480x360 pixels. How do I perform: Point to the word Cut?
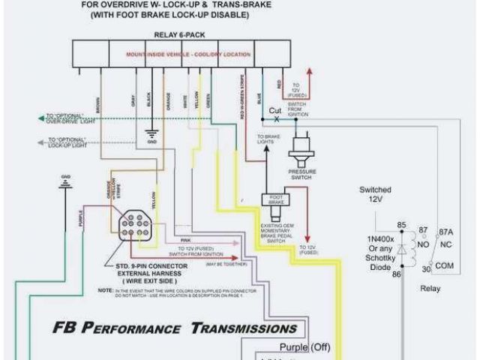pyautogui.click(x=275, y=110)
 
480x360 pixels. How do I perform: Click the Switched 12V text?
pyautogui.click(x=375, y=195)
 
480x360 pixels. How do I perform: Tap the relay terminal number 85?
pyautogui.click(x=401, y=224)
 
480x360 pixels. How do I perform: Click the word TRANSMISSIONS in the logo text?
pyautogui.click(x=244, y=328)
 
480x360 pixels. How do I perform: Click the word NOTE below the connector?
pyautogui.click(x=104, y=289)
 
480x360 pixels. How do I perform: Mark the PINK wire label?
pyautogui.click(x=185, y=240)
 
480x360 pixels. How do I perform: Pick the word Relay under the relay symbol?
pyautogui.click(x=430, y=289)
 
